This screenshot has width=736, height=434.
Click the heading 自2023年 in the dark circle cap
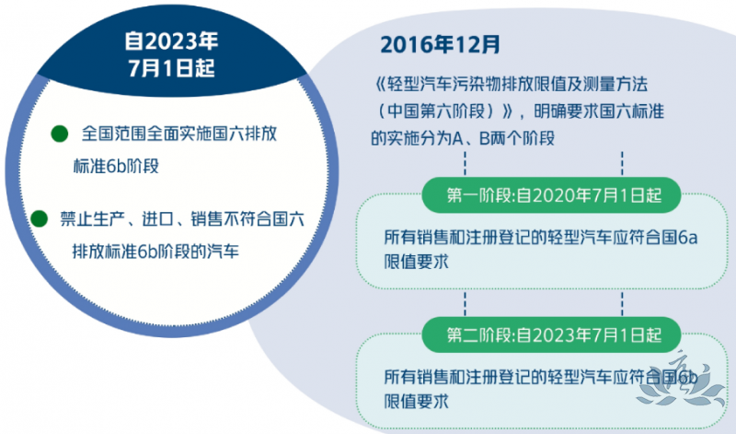[x=171, y=41]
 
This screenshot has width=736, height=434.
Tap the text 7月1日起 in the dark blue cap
[x=171, y=68]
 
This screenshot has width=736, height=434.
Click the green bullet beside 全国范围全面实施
[x=60, y=134]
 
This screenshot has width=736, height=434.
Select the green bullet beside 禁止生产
[x=39, y=218]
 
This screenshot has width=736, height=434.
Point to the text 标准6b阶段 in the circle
[x=116, y=166]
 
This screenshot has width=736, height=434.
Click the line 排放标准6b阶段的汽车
[x=155, y=252]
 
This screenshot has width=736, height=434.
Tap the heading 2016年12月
[x=440, y=44]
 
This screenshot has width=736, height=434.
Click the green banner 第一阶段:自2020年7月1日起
[x=551, y=195]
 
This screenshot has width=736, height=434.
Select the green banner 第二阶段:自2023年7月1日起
[x=551, y=334]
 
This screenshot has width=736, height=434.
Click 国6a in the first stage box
[x=680, y=237]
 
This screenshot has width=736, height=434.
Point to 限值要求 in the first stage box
[x=417, y=262]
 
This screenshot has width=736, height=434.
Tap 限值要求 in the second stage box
[x=417, y=402]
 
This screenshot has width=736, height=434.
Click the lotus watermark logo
[x=682, y=381]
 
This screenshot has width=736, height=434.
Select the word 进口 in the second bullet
[x=158, y=219]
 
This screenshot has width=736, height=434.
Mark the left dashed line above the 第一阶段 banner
[x=465, y=164]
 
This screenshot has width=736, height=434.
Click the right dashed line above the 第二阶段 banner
[x=622, y=303]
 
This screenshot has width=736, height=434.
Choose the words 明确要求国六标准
[x=599, y=111]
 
